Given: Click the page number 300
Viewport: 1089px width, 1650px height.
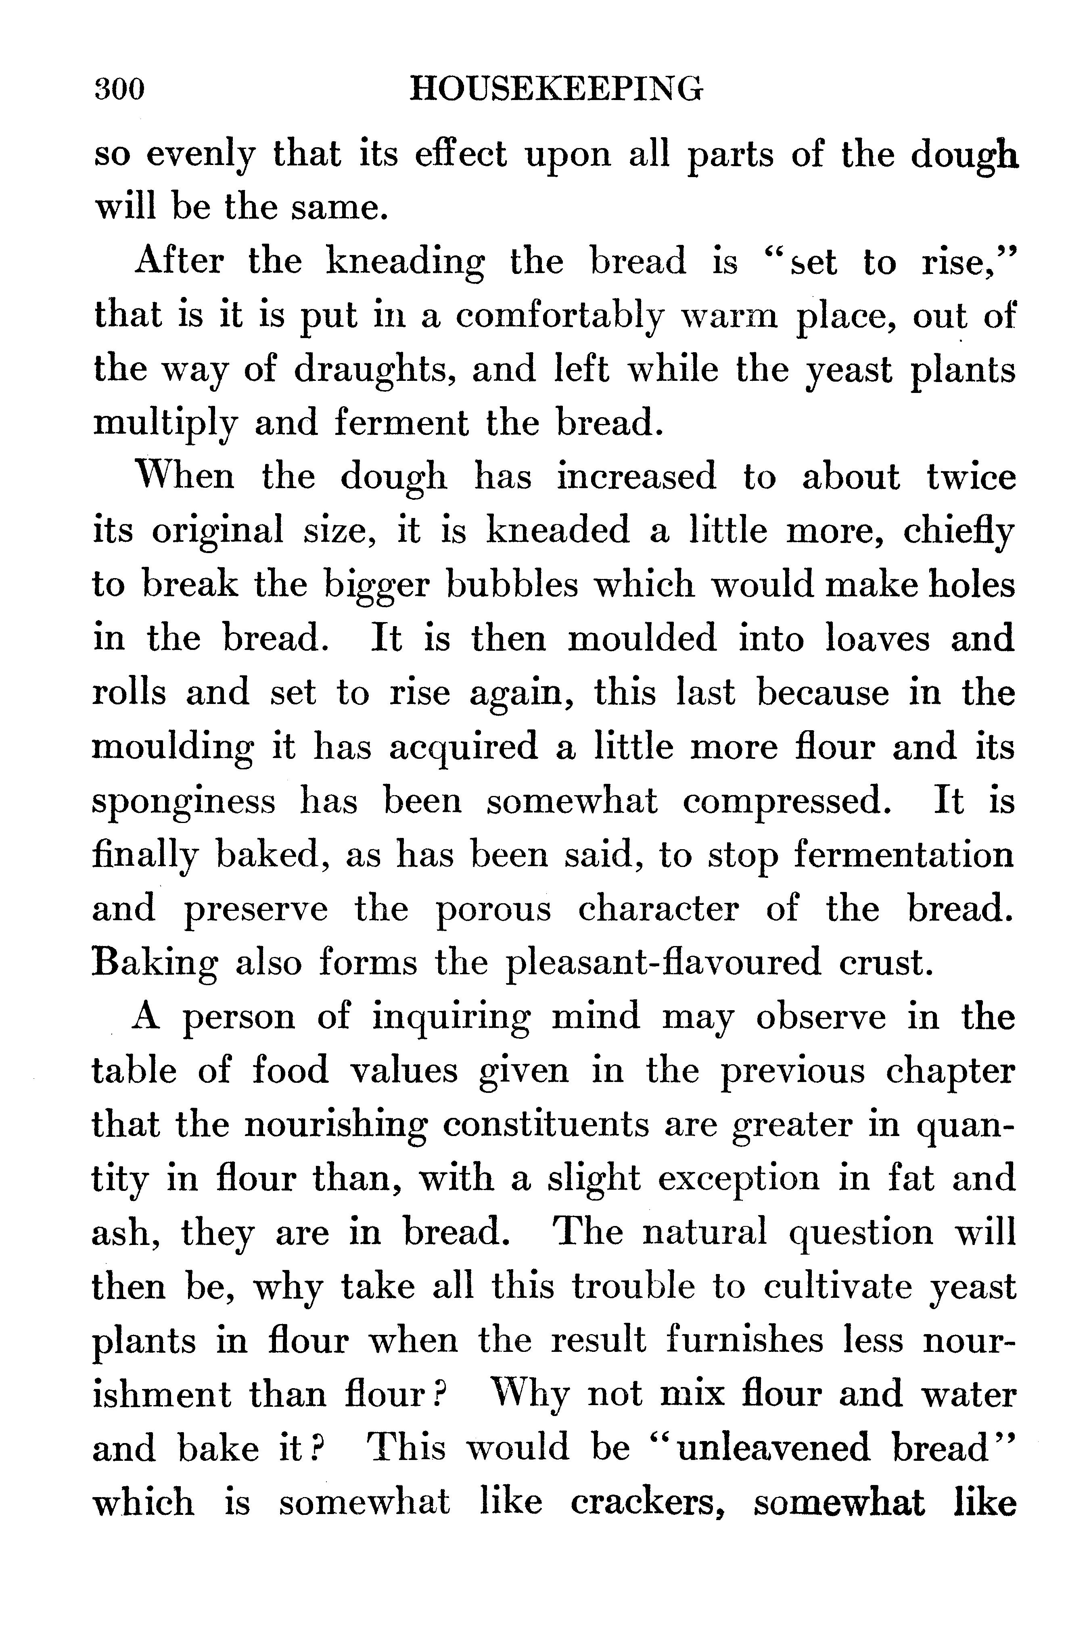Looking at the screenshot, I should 119,90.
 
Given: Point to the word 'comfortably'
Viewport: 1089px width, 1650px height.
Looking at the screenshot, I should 560,317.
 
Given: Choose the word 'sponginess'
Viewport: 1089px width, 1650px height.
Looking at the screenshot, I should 184,802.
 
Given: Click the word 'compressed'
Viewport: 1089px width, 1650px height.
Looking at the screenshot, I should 786,802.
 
